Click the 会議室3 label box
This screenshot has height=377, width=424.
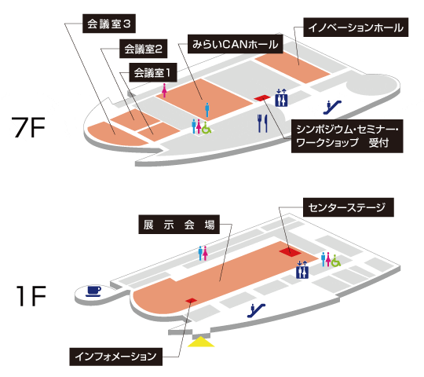coord(109,24)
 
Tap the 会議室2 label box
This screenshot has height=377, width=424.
coord(144,49)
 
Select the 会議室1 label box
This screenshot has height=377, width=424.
coord(153,72)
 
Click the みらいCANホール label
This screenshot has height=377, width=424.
coord(236,44)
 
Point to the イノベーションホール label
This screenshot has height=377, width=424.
coord(356,27)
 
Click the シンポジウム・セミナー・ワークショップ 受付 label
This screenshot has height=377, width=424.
coord(347,136)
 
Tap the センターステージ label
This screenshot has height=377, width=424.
coord(349,207)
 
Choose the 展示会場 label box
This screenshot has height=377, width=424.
coord(179,225)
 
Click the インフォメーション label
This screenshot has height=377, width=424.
coord(115,357)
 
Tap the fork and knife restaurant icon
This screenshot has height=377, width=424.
coord(262,123)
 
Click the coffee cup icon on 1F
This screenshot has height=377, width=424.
coord(93,291)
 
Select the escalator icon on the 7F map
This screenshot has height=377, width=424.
coord(332,107)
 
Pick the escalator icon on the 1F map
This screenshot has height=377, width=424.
coord(256,310)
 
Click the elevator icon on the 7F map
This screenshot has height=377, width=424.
coord(281,97)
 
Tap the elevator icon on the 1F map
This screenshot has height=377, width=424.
coord(302,270)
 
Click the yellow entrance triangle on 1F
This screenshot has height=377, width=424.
coord(201,342)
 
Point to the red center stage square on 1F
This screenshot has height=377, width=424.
coord(291,252)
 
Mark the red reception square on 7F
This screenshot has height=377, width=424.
coord(262,98)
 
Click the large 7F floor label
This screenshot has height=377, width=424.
coord(28,127)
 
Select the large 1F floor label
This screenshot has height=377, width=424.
coord(31,296)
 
